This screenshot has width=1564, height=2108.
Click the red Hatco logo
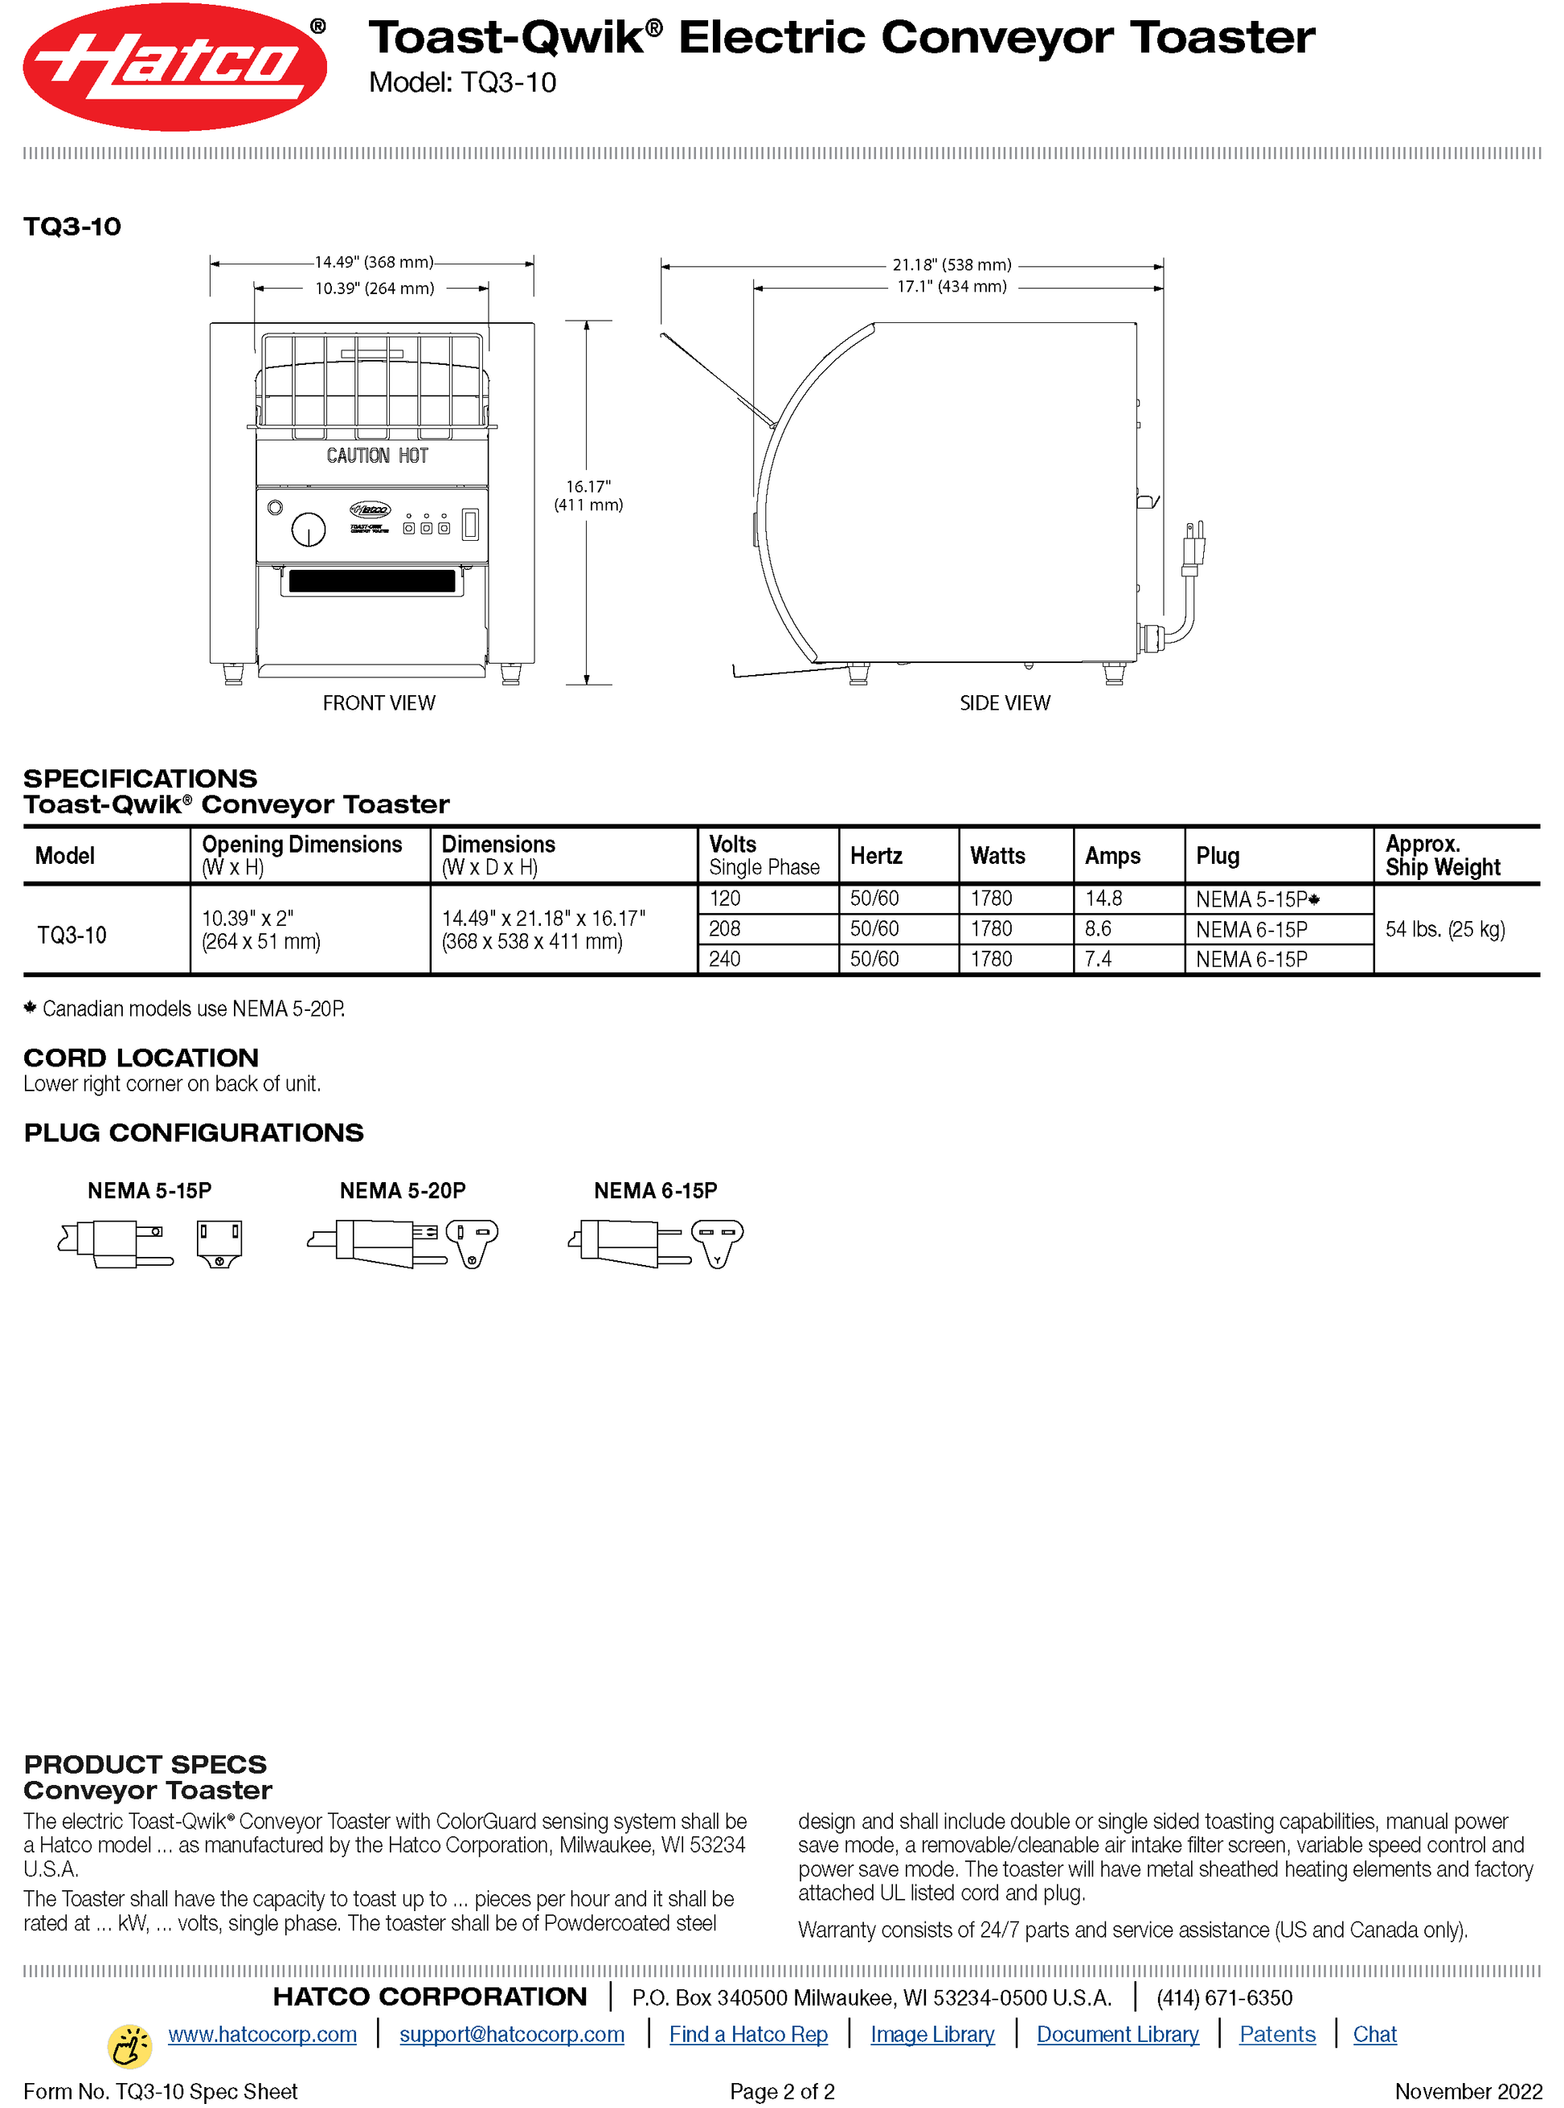[174, 66]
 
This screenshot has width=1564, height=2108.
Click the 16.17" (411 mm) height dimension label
[588, 495]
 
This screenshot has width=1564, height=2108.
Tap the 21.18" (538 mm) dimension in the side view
[952, 265]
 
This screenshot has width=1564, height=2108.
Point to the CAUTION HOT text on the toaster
[377, 456]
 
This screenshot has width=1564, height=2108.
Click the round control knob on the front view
[309, 529]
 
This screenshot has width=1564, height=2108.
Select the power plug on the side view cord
[1192, 548]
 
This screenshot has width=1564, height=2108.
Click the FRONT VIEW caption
[379, 702]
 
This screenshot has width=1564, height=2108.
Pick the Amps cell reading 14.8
[1104, 898]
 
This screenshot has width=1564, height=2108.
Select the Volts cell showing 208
[725, 928]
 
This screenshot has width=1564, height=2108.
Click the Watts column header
[997, 856]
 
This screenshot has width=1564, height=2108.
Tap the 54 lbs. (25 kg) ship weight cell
[1445, 928]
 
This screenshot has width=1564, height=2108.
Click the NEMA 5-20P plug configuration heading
[403, 1190]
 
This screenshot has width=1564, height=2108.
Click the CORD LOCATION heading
[141, 1058]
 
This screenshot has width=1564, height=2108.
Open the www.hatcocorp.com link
[262, 2033]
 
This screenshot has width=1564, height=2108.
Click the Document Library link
[1117, 2033]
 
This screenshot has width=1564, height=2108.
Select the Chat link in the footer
[1374, 2033]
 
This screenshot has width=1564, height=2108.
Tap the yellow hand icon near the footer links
[129, 2045]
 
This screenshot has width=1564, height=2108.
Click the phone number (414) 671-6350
[1223, 1997]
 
